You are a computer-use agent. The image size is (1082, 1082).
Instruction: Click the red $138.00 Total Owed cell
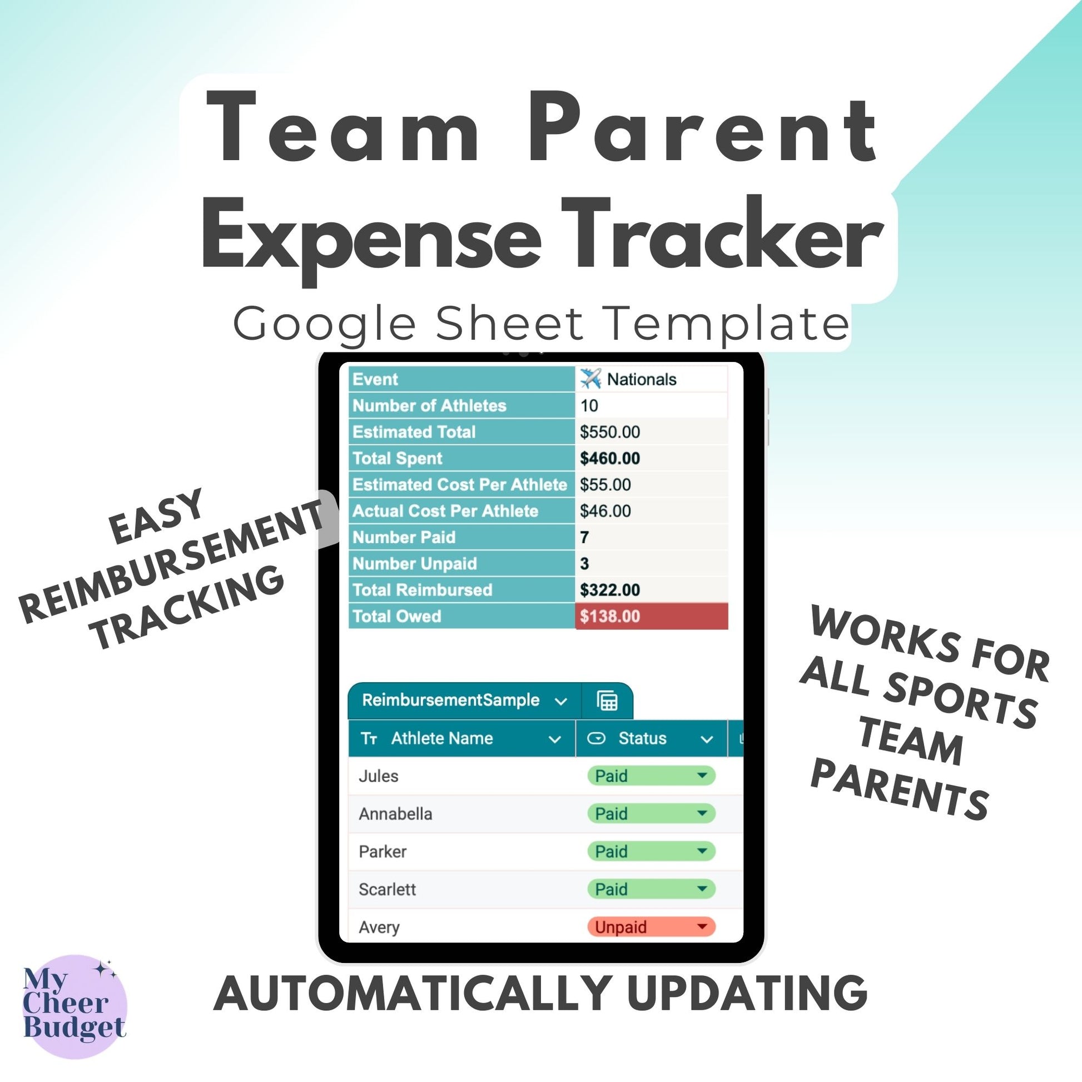pos(651,616)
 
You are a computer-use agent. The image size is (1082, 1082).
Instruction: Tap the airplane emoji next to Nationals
pos(590,379)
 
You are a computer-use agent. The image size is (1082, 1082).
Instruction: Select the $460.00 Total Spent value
pos(609,458)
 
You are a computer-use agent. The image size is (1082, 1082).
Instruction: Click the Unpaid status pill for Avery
pos(651,927)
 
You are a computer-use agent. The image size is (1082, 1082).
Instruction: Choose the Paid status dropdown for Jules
pos(651,776)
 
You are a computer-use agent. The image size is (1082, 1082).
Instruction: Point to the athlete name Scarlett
pos(387,890)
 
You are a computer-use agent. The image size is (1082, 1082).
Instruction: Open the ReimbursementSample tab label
pos(450,700)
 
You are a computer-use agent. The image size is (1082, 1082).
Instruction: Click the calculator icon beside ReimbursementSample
pos(607,701)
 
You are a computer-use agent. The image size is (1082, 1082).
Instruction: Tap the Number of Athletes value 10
pos(589,405)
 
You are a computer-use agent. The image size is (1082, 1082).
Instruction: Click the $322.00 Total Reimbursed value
pos(609,590)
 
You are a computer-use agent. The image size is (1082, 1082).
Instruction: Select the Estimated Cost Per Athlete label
pos(460,484)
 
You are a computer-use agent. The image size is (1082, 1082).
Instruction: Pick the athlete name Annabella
pos(395,814)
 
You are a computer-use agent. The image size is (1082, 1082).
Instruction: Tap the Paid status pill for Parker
pos(651,851)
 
